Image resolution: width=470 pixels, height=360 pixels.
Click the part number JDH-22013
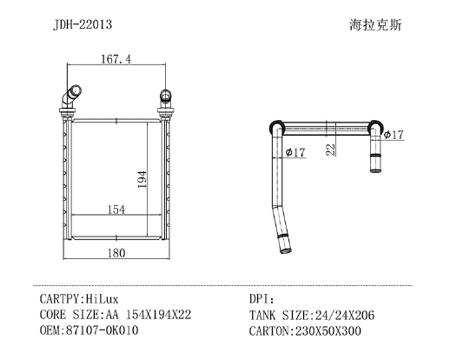coord(83,24)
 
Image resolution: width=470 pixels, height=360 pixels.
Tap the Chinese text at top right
coord(375,25)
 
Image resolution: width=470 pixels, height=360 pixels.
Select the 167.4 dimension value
coord(116,59)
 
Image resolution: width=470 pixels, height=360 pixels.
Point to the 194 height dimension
coord(142,179)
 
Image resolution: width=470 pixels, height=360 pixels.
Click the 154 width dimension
coord(116,210)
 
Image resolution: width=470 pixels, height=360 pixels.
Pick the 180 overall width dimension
coord(116,253)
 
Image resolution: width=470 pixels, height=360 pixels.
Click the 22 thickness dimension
coord(330,150)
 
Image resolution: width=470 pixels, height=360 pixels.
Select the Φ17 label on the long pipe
coord(295,152)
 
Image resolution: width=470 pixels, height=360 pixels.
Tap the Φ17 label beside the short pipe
coord(394,135)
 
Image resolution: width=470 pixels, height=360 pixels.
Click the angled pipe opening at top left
coord(76,90)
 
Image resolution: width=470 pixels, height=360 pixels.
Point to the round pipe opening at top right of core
coord(165,95)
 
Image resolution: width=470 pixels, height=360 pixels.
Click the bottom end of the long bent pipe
coord(286,250)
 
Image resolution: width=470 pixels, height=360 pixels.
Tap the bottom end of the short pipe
coord(376,170)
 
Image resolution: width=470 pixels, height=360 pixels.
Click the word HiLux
coord(102,299)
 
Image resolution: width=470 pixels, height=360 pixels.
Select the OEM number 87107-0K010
coord(103,330)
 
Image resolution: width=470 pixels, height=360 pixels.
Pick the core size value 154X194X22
coord(158,315)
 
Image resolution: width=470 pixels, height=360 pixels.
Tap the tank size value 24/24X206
coord(344,316)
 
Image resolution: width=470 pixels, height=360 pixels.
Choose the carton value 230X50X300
coord(328,331)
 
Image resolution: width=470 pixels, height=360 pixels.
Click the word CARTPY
coord(60,299)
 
